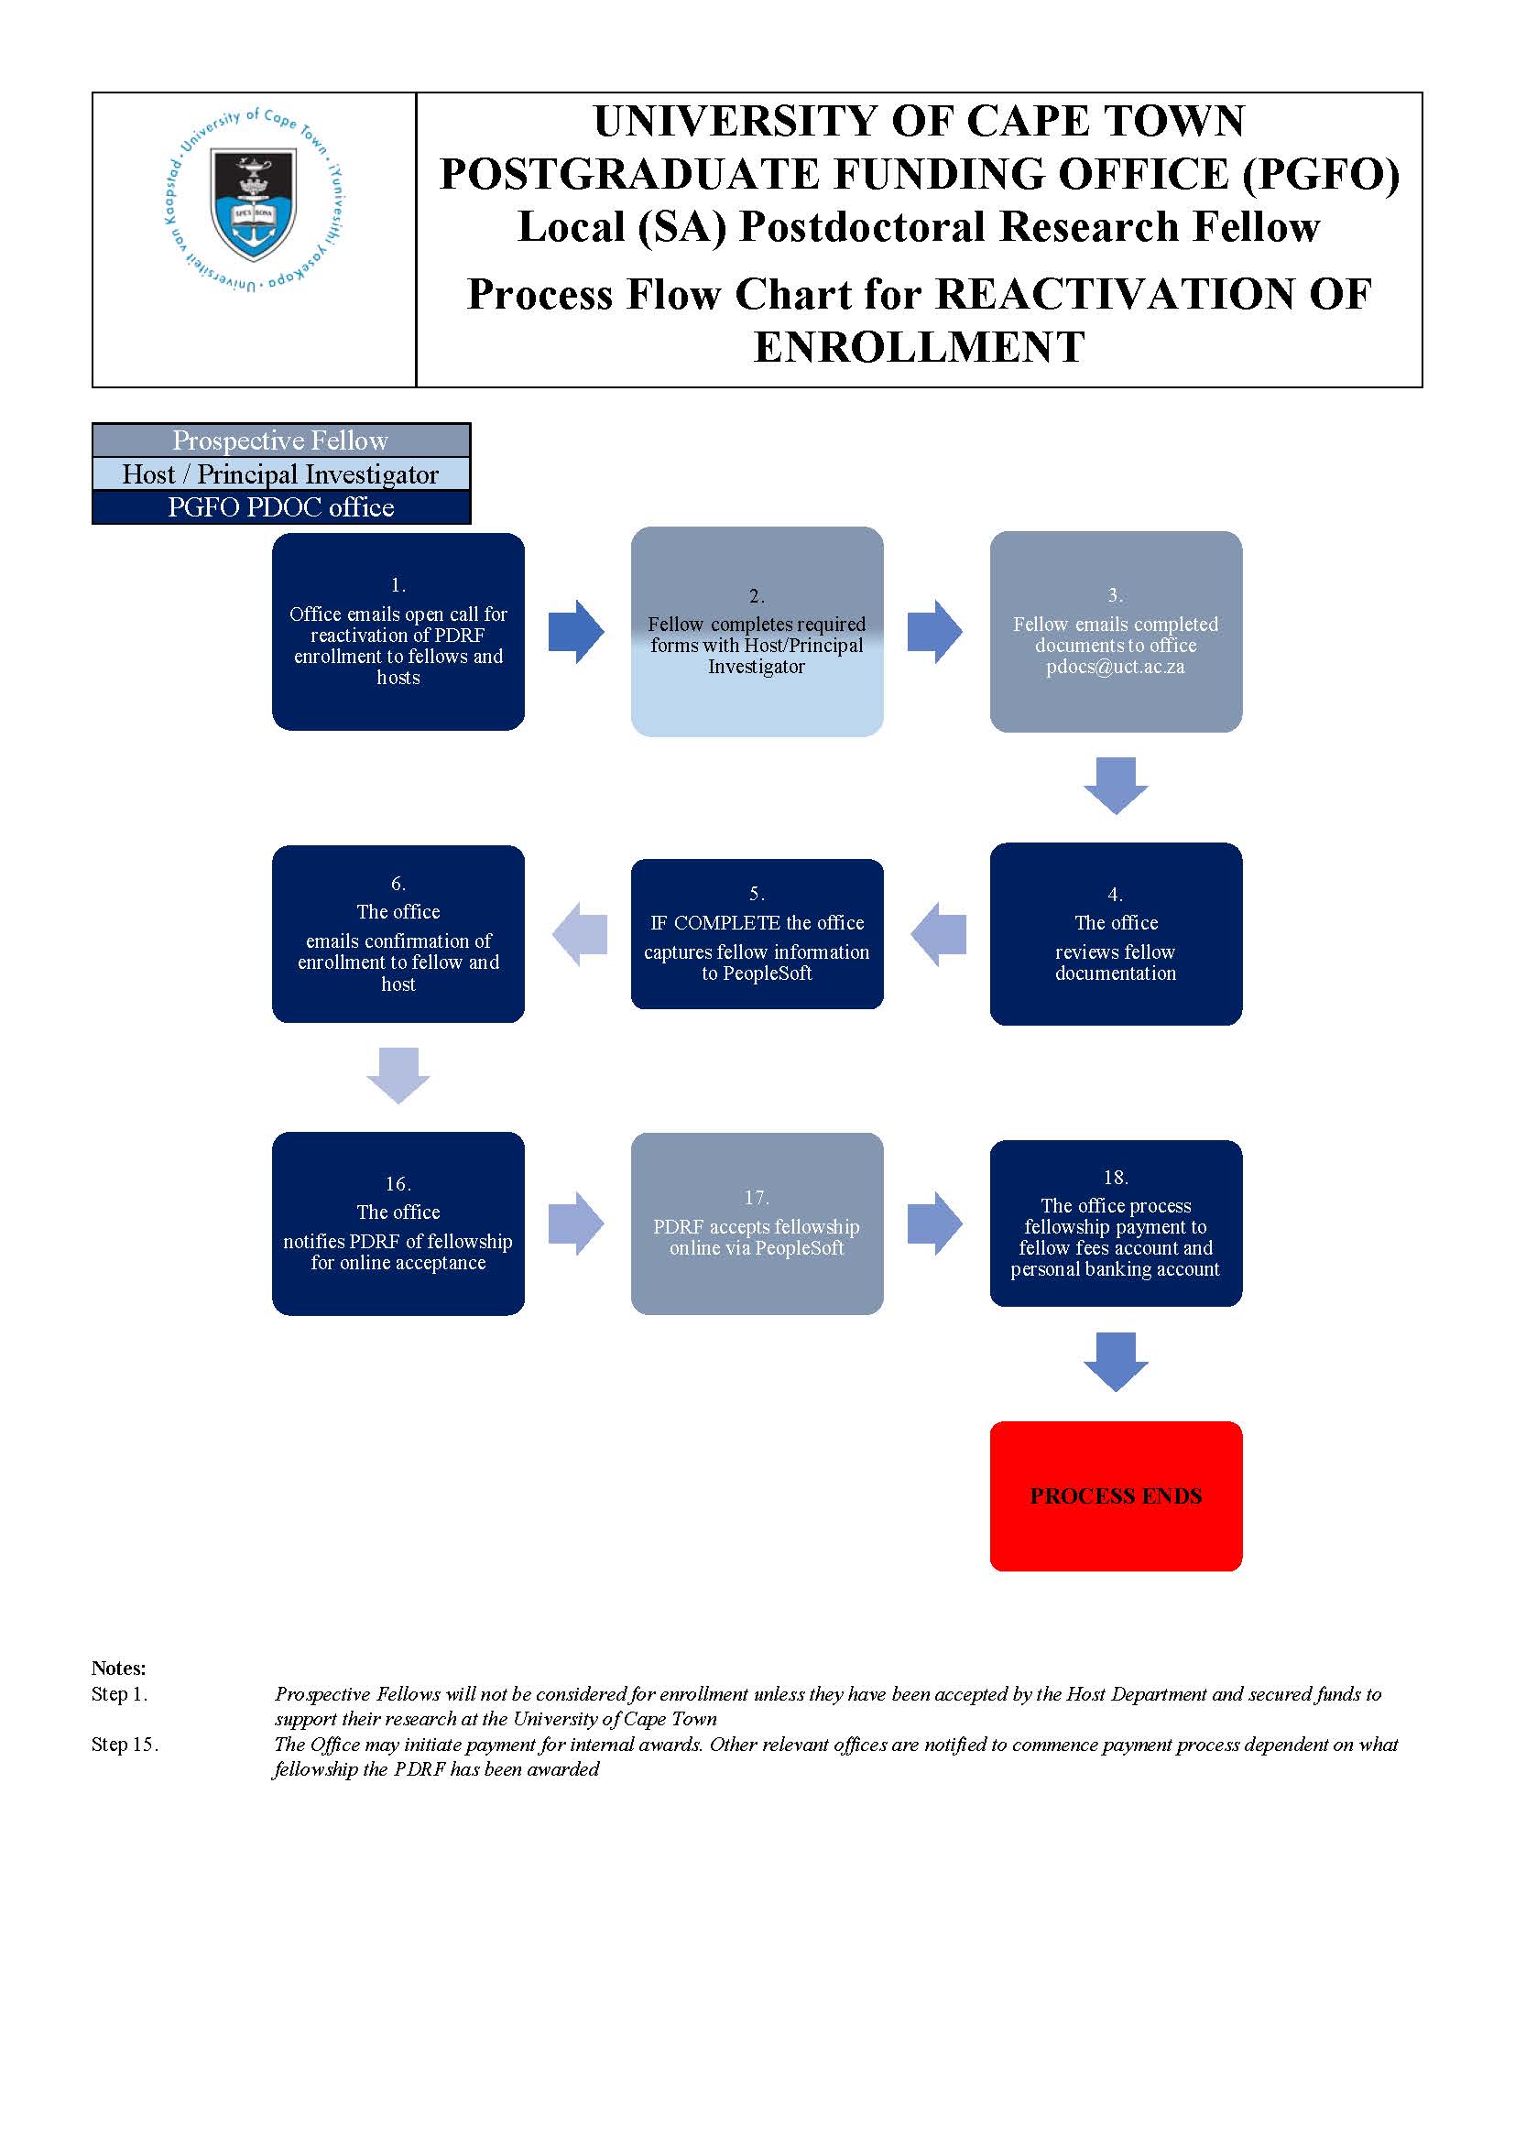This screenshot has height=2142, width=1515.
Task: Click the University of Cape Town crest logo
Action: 255,200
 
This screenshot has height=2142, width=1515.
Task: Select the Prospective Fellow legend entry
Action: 281,440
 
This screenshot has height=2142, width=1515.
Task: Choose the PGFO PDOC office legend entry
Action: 281,507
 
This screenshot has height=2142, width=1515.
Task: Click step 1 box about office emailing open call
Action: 398,632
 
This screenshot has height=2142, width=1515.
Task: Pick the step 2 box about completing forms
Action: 757,632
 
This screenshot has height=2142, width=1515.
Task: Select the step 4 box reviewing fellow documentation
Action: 1116,934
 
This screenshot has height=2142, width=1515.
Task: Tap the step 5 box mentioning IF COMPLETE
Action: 757,934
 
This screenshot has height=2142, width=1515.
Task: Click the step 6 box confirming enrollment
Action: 398,934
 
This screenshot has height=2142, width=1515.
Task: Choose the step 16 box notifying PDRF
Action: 398,1223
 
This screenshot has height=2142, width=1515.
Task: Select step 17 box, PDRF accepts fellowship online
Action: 757,1223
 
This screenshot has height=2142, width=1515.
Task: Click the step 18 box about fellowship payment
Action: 1116,1223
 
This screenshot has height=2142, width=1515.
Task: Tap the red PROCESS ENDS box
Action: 1116,1496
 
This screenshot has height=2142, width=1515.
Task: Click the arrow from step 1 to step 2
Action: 576,632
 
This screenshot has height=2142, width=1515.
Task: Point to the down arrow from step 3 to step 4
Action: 1116,786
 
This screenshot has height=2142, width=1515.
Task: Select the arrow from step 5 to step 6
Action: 579,934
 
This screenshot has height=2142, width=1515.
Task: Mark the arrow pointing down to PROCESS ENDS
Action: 1116,1362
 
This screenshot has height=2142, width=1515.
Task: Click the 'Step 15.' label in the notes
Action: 125,1745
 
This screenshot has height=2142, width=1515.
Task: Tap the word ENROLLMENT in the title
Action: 919,347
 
